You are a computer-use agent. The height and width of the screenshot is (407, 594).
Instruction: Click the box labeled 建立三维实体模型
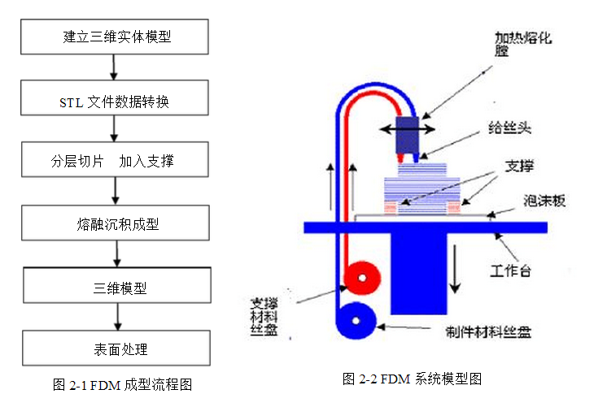click(116, 37)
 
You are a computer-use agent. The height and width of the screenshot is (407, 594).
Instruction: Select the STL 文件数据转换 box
click(116, 101)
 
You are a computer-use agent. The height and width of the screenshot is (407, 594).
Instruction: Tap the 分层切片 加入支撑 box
click(116, 162)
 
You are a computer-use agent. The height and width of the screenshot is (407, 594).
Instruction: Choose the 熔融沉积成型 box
click(116, 223)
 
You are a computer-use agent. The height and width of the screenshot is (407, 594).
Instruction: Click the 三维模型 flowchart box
click(116, 287)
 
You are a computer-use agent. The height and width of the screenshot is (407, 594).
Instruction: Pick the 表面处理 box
click(116, 349)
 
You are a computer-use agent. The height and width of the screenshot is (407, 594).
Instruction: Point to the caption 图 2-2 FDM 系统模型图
click(413, 379)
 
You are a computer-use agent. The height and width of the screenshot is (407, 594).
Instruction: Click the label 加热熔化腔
click(514, 44)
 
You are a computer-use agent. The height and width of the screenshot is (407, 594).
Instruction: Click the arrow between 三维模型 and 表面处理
click(116, 316)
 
